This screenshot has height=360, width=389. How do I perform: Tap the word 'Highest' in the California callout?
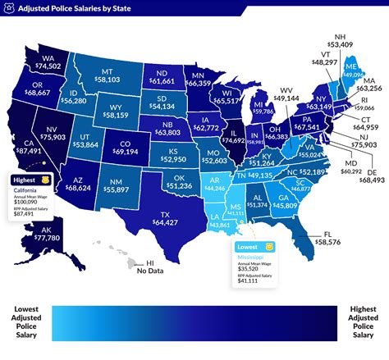pos(24,179)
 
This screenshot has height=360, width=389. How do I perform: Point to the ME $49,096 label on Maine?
pos(352,71)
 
